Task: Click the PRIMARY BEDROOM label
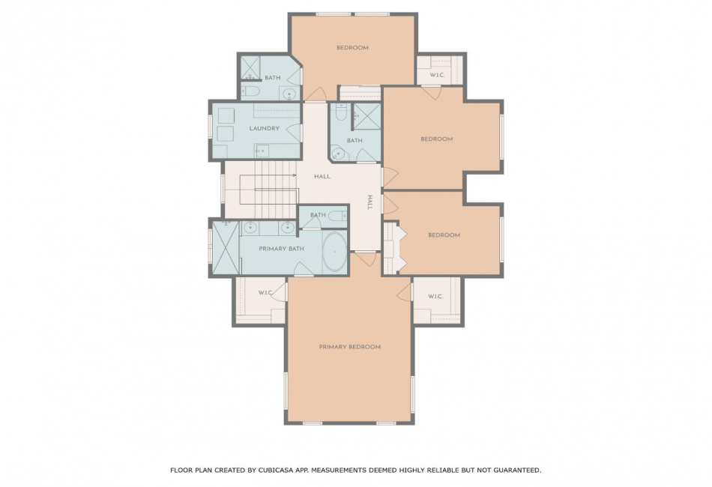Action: [x=350, y=347]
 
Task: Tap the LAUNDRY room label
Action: [x=265, y=128]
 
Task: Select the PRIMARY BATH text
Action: [x=282, y=249]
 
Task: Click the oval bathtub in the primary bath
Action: [x=335, y=252]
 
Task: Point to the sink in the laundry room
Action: [x=262, y=151]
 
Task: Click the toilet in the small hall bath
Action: [x=337, y=215]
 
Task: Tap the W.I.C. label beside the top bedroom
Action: [x=437, y=76]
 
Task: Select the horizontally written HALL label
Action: [x=322, y=177]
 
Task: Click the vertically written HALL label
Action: [x=369, y=202]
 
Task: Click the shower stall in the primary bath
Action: [x=226, y=247]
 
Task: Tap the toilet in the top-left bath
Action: [x=250, y=91]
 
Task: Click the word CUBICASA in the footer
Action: [x=276, y=471]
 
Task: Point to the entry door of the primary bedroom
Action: [x=365, y=258]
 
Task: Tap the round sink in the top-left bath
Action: [x=289, y=94]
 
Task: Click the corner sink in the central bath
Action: [x=338, y=154]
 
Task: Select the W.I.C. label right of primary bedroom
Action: [x=435, y=297]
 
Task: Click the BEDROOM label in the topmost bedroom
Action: [x=352, y=48]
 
